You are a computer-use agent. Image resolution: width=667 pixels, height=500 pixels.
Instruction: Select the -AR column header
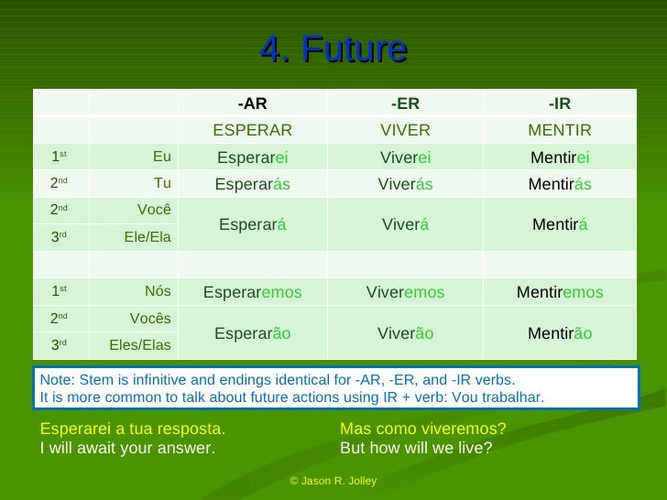252,103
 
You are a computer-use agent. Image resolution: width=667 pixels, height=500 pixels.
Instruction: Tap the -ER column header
405,103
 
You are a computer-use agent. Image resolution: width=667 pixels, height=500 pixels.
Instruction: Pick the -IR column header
559,103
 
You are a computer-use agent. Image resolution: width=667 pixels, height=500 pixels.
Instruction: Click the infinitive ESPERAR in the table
252,130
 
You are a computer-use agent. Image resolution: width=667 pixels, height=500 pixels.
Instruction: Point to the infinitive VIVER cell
405,130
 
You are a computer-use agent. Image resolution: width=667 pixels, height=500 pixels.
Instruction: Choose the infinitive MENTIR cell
559,130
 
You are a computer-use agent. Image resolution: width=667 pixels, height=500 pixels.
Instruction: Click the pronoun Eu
161,157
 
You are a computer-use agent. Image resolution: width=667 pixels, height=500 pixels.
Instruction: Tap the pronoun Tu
162,183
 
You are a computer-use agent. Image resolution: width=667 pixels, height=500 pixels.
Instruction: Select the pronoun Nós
158,291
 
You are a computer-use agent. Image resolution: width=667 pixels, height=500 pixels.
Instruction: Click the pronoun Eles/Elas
140,345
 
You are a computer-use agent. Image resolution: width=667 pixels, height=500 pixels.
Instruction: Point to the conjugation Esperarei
252,158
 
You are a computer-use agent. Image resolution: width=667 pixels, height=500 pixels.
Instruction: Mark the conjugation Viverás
405,184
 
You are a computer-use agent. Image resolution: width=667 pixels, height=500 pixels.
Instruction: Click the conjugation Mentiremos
559,292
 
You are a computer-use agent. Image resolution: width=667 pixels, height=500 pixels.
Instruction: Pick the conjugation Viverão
405,333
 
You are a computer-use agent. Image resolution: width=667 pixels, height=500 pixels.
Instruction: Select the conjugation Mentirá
559,225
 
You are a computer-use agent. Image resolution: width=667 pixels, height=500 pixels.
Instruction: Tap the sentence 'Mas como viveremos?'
422,429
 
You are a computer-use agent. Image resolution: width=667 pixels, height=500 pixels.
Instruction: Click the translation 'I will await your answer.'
127,448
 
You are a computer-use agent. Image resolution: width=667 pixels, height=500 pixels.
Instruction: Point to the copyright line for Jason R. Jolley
333,481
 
